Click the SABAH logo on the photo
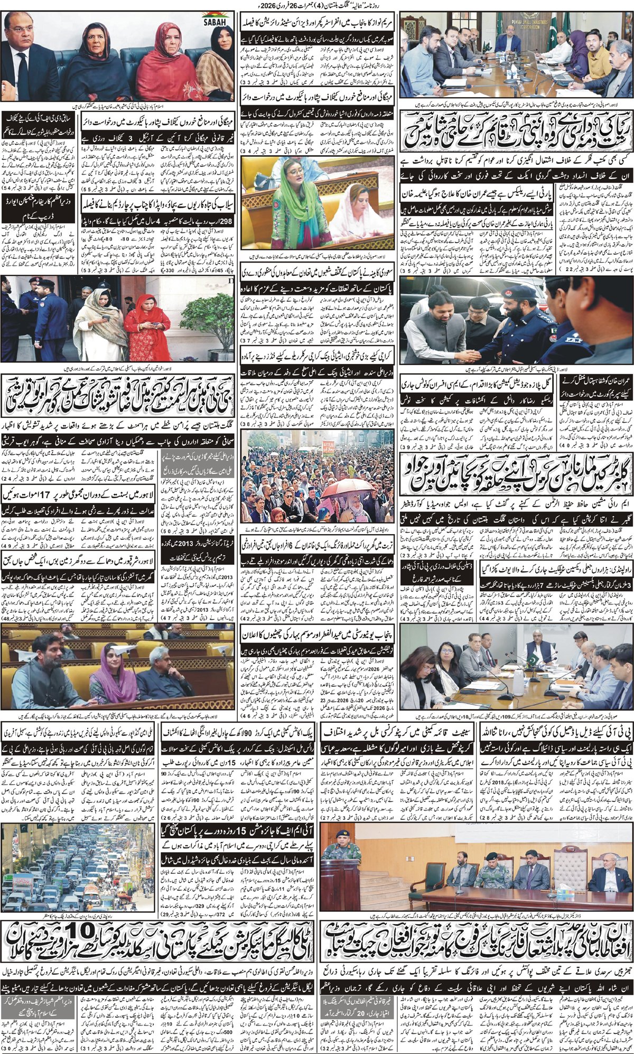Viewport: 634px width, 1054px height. pos(217,19)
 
